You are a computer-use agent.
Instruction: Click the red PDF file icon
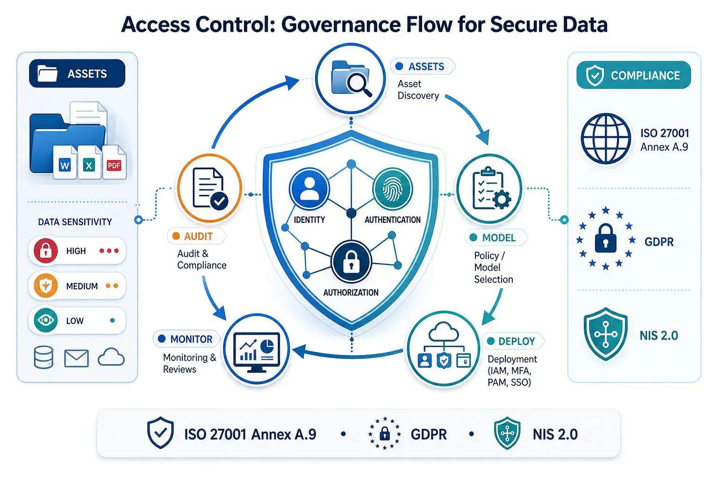(x=115, y=162)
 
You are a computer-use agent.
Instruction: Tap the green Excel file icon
(x=89, y=162)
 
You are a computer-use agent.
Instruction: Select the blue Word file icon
(x=65, y=162)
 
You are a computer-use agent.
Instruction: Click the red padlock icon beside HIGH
(x=46, y=251)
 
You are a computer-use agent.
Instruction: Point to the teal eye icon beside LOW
(x=46, y=320)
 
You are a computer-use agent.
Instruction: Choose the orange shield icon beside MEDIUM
(x=46, y=285)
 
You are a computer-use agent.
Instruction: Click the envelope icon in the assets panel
(x=76, y=358)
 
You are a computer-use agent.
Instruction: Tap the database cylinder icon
(x=43, y=357)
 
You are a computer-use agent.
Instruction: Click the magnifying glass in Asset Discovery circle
(x=359, y=84)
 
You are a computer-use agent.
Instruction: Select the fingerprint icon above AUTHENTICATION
(x=393, y=189)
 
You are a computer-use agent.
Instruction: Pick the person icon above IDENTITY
(x=309, y=189)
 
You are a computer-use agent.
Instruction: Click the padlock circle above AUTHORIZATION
(x=352, y=261)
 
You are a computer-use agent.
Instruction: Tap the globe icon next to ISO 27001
(x=606, y=139)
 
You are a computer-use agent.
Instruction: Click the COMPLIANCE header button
(x=634, y=75)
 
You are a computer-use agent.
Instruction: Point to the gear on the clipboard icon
(x=502, y=200)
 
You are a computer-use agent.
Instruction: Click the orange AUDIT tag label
(x=196, y=236)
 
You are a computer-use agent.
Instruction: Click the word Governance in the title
(x=341, y=24)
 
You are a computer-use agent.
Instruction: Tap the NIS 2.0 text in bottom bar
(x=555, y=435)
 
